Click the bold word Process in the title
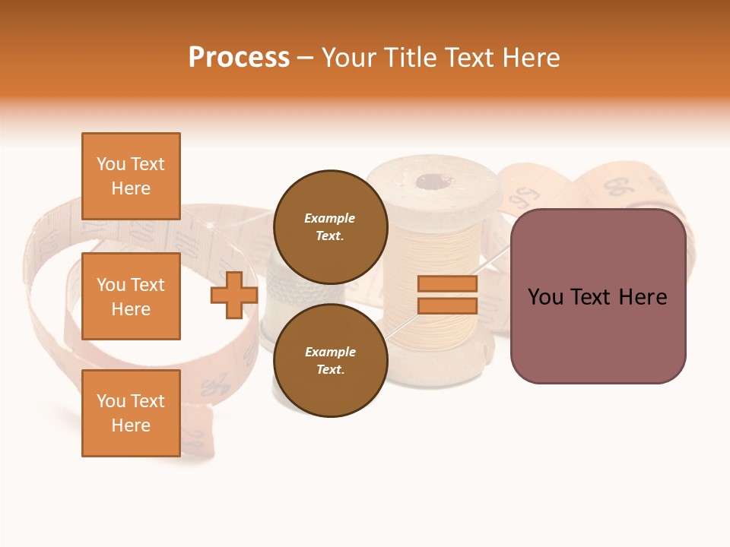coord(239,57)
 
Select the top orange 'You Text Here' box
coord(131,176)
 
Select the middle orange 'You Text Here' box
coord(131,296)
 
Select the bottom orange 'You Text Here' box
coord(131,413)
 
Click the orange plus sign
coord(234,296)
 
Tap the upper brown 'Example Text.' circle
coord(330,226)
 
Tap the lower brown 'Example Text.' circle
coord(330,360)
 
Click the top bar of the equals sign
coord(447,284)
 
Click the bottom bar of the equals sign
coord(447,306)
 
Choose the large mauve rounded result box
coord(598,296)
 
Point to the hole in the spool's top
coord(434,182)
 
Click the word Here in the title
coord(529,57)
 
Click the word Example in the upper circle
coord(330,218)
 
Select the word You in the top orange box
coord(110,164)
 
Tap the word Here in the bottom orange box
coord(131,425)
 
